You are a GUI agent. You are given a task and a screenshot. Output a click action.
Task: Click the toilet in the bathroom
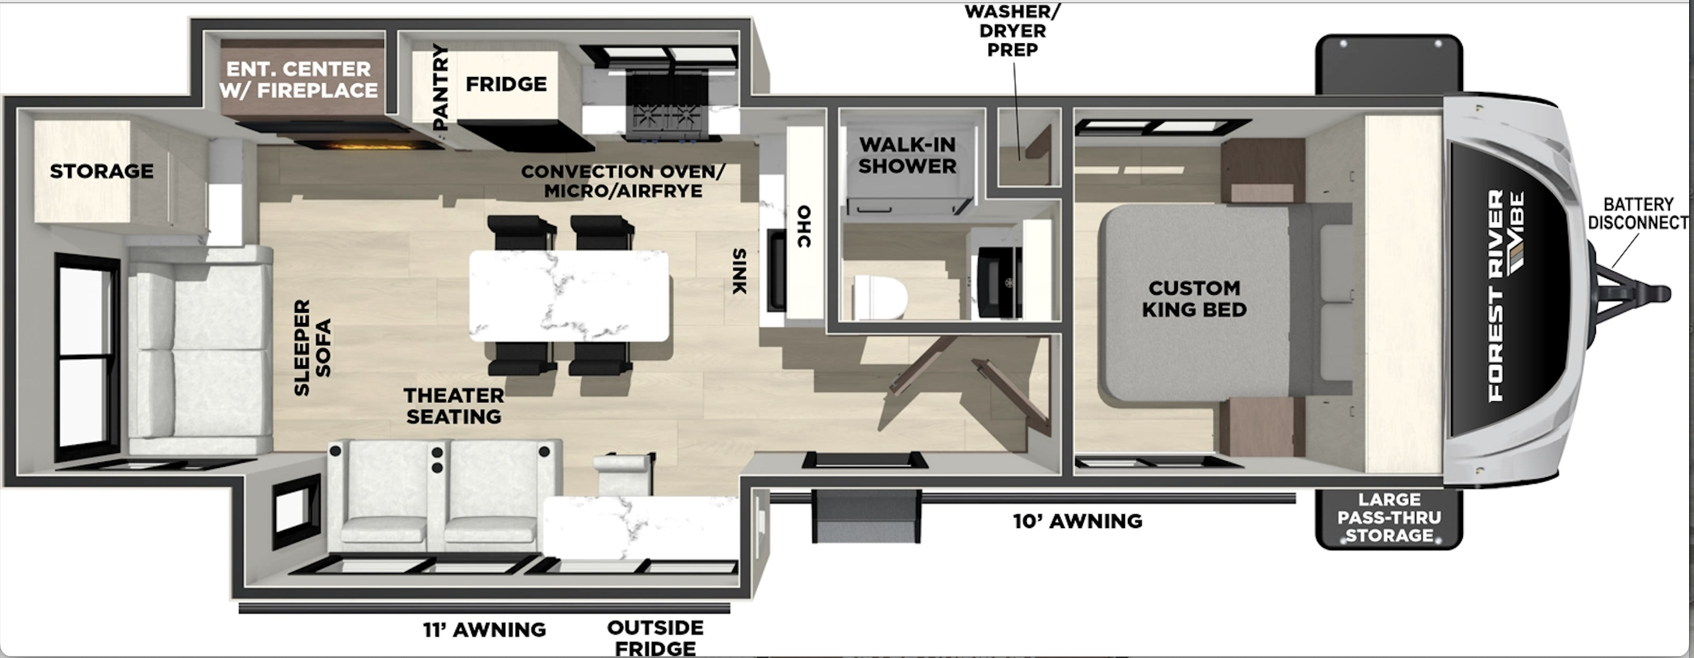pos(881,297)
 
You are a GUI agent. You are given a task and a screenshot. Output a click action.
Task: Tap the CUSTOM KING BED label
pos(1194,298)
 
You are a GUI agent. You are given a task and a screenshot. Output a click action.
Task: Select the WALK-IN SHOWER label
pos(908,155)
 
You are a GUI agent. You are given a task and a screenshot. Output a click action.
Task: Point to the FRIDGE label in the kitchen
pos(507,84)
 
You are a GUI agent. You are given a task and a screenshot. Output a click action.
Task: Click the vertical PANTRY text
pos(440,86)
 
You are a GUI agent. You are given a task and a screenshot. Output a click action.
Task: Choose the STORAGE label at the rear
pos(102,171)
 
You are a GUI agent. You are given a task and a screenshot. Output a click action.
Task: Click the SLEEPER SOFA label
pos(312,347)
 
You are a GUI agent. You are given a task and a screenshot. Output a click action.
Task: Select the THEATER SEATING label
pos(454,405)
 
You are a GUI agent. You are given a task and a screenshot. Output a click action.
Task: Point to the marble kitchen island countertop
pos(570,295)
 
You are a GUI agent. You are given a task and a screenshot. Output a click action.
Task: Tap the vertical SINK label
pos(739,271)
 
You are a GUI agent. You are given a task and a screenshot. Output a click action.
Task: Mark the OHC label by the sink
pos(804,227)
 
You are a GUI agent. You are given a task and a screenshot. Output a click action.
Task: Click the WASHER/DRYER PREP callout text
pos(1012,30)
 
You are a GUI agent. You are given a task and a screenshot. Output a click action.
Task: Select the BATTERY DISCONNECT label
pos(1637,214)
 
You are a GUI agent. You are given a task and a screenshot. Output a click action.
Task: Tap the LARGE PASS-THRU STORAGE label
pos(1389,517)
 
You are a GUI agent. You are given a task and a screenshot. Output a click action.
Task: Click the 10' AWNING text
pos(1077,521)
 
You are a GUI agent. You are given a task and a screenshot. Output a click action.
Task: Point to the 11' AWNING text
pos(484,630)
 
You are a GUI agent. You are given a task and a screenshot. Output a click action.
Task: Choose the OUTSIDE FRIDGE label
pos(655,638)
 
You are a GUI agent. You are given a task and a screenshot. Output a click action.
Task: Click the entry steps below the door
pos(866,517)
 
